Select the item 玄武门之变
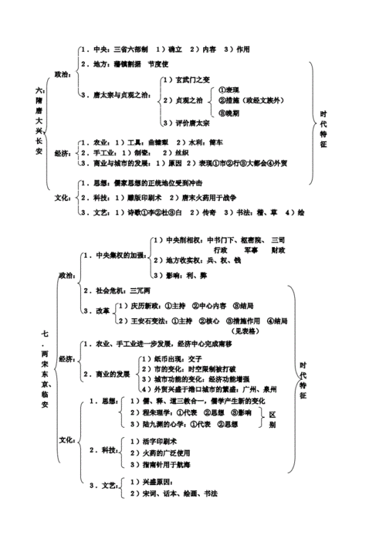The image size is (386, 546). [x=189, y=80]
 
